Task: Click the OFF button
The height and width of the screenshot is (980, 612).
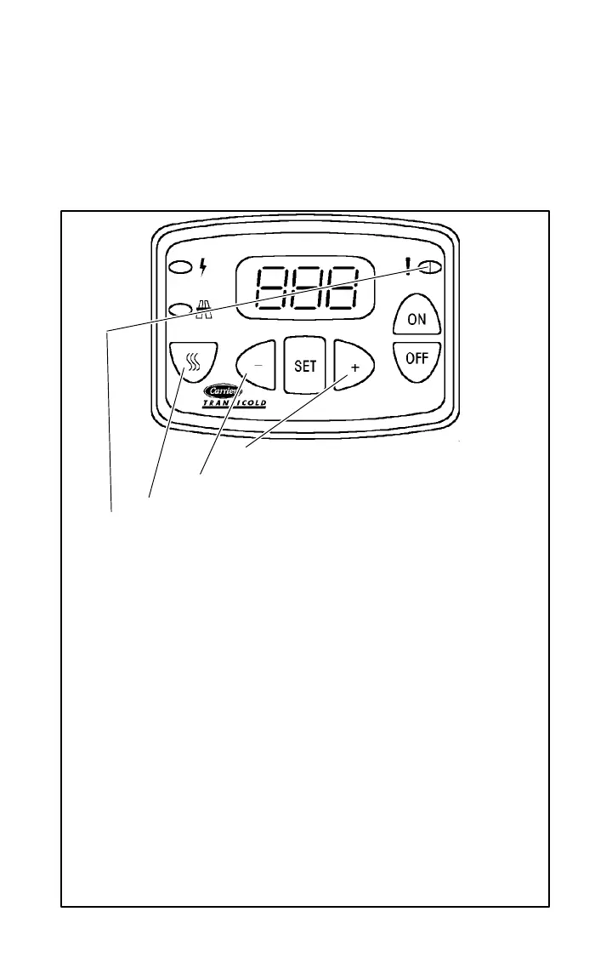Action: pos(416,358)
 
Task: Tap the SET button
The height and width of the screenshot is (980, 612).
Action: pos(304,366)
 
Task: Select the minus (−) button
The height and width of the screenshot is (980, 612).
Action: pos(255,367)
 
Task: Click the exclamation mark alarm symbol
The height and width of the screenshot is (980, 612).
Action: pos(410,267)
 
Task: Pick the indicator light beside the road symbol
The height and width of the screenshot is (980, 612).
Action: pos(179,310)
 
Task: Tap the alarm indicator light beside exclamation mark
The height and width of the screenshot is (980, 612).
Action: pos(431,267)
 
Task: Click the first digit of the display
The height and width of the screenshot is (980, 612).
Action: pos(272,288)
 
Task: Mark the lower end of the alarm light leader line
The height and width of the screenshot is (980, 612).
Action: pos(112,511)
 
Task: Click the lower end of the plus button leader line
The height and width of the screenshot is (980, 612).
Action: pos(246,446)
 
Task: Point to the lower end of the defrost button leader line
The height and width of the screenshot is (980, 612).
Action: pos(150,497)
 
